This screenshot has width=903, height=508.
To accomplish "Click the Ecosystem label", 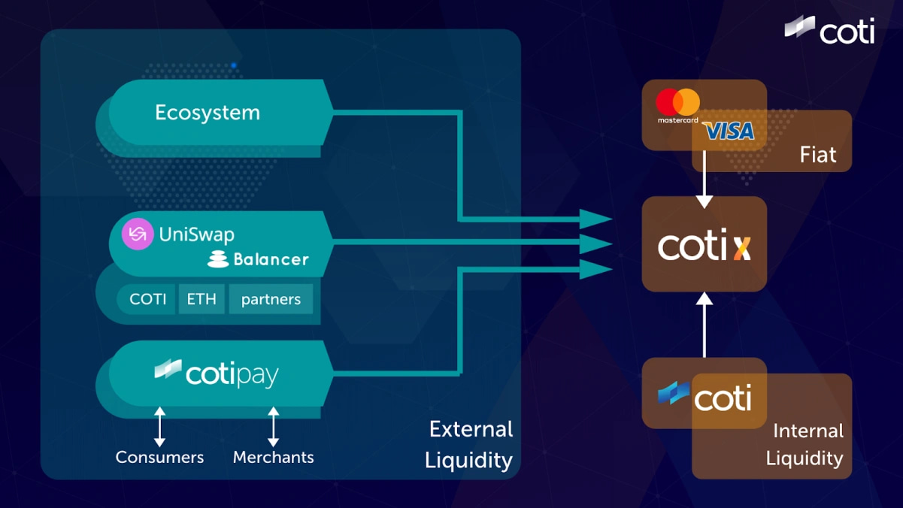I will [208, 113].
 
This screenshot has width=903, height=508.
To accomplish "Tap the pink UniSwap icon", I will [138, 234].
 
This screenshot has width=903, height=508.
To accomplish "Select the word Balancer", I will [271, 260].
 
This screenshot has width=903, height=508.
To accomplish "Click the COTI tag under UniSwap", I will [147, 299].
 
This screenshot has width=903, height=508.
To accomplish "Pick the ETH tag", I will [202, 299].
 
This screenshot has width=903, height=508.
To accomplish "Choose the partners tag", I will [271, 299].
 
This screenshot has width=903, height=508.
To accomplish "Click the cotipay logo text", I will [232, 373].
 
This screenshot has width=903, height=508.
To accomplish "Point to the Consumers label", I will [159, 457].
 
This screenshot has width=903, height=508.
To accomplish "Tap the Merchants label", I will [274, 457].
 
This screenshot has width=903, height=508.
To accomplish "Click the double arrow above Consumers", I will [159, 426].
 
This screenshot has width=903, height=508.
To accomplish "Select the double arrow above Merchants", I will [274, 426].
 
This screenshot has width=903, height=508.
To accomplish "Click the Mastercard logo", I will [677, 104].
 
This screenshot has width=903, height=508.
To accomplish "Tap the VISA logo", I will [729, 132].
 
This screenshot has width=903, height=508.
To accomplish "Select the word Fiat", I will [818, 155].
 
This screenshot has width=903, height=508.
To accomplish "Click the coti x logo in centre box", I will [704, 246].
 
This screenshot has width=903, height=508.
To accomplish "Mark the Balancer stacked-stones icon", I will [218, 260].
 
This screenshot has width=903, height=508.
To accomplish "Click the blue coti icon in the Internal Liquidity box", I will [674, 394].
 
